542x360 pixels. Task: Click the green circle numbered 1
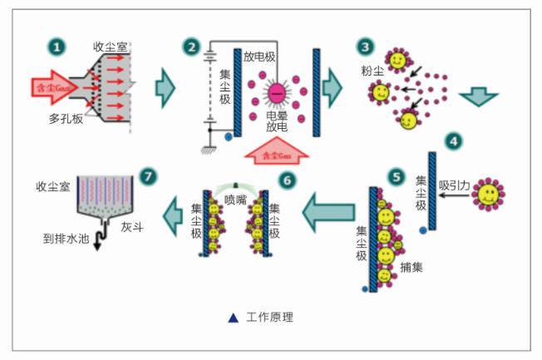click(57, 47)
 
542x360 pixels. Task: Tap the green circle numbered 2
click(193, 47)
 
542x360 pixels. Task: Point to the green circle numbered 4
click(453, 140)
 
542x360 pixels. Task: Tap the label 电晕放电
click(277, 122)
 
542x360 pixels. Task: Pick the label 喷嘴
click(235, 198)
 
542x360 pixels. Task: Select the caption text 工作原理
click(271, 317)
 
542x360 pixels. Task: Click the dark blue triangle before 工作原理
click(234, 317)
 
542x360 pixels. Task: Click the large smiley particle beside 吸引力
click(489, 196)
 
